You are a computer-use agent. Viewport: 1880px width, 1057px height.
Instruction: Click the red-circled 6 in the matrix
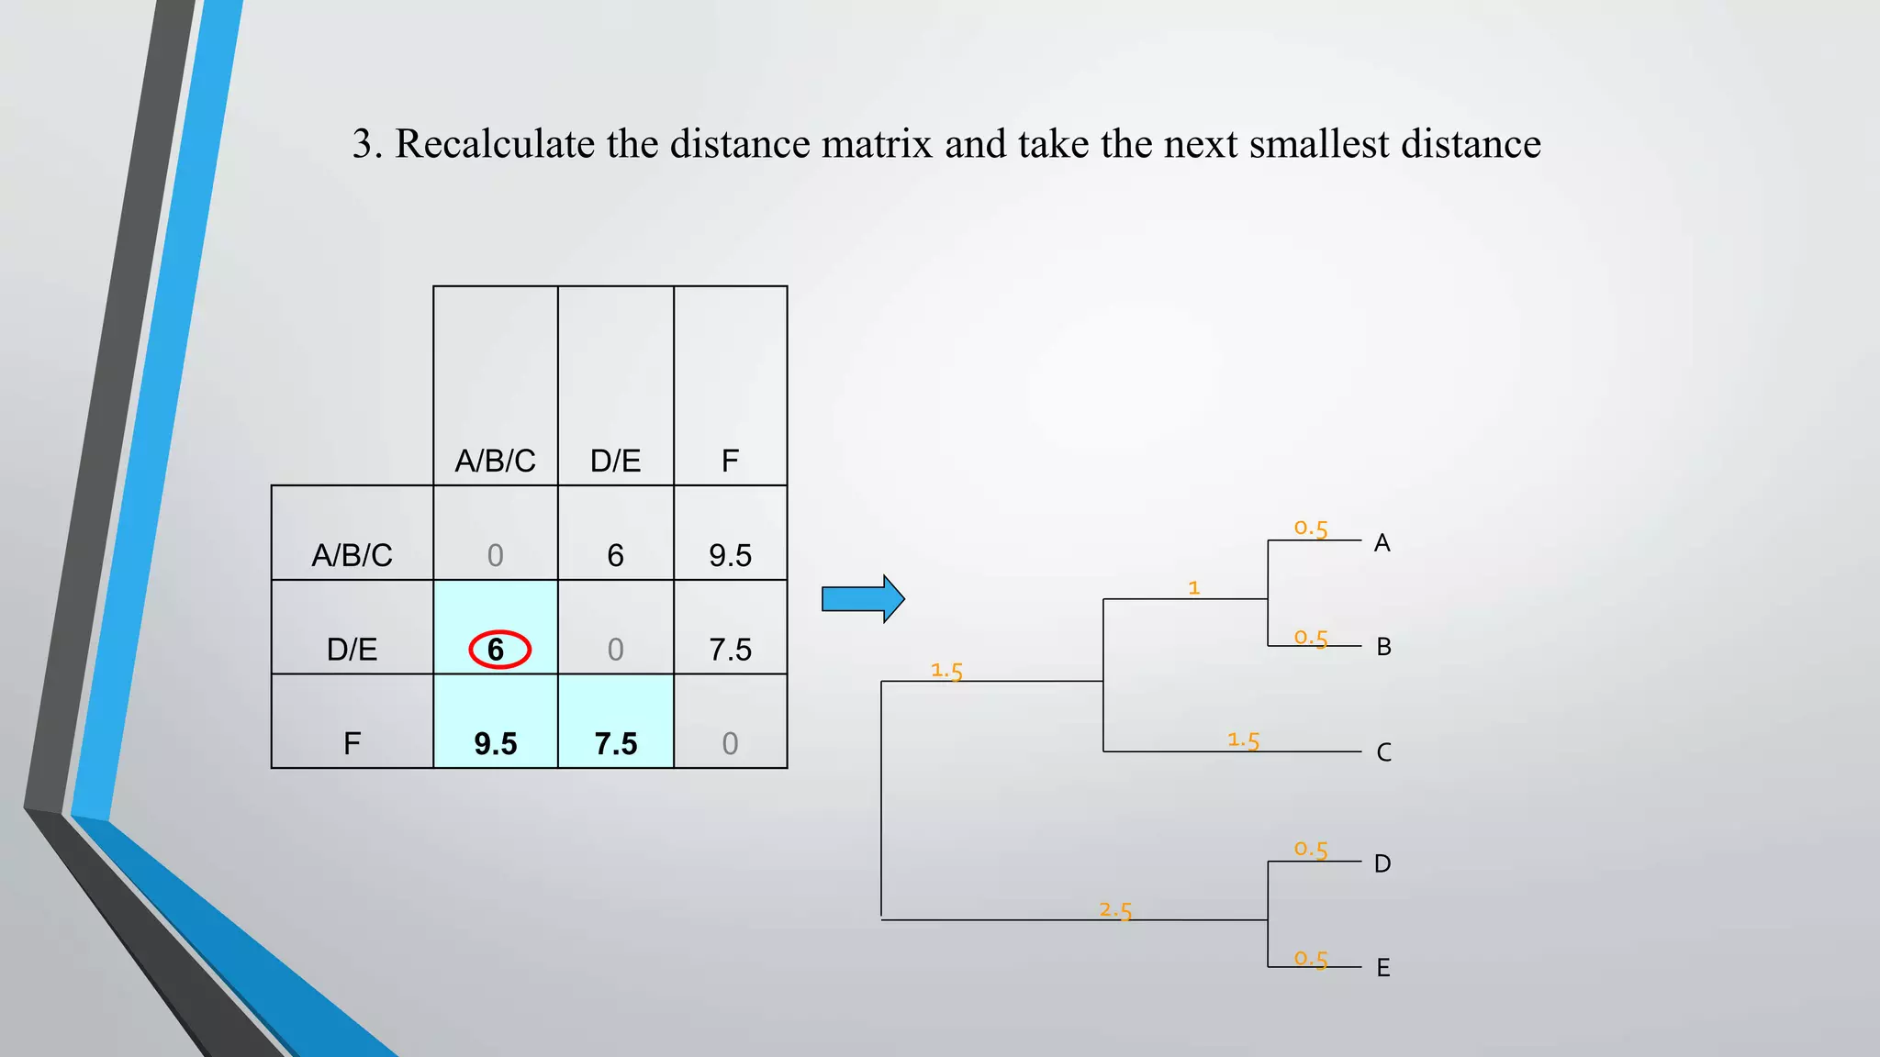(x=497, y=650)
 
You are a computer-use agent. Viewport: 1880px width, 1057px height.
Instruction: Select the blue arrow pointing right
(x=862, y=599)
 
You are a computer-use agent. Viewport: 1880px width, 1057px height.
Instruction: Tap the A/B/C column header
(x=495, y=461)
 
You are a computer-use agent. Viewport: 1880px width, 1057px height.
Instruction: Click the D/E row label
(x=352, y=650)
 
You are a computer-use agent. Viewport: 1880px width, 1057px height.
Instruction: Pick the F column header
(x=730, y=461)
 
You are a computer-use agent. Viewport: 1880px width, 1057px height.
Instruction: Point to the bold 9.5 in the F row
(x=495, y=743)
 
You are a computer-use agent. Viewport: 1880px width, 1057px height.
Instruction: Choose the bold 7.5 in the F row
(x=615, y=743)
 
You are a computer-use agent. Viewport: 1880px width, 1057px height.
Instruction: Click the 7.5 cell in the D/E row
(x=730, y=650)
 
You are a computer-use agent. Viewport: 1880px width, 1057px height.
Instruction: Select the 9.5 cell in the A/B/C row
(x=730, y=555)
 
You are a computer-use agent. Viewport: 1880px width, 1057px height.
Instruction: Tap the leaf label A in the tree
(x=1382, y=543)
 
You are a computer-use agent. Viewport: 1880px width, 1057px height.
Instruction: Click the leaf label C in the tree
(x=1383, y=752)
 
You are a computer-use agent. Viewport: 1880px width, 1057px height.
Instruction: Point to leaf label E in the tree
(x=1382, y=968)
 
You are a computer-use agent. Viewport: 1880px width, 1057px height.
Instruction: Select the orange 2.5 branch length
(x=1115, y=910)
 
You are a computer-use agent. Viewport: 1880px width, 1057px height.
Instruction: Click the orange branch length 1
(x=1193, y=587)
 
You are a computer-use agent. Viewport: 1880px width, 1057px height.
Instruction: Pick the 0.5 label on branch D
(x=1311, y=850)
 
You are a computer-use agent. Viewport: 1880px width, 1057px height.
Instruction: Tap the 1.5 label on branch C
(x=1243, y=740)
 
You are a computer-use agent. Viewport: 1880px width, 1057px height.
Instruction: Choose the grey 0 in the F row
(x=730, y=743)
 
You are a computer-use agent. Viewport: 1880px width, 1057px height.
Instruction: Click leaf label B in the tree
(x=1383, y=647)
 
